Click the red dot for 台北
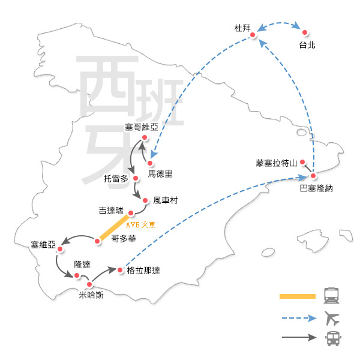click(305, 32)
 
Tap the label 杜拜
click(242, 28)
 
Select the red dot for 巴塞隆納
click(313, 176)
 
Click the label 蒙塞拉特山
click(277, 163)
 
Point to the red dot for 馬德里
click(150, 163)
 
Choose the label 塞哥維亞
click(142, 127)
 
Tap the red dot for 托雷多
click(136, 178)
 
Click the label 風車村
click(166, 200)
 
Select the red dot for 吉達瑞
click(131, 213)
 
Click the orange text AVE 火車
click(140, 225)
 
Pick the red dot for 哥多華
click(97, 241)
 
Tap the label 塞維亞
click(43, 245)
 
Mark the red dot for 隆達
click(77, 275)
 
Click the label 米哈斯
click(91, 295)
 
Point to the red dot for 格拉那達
click(120, 270)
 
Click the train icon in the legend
click(331, 295)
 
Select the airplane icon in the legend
click(332, 318)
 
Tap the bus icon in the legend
click(333, 338)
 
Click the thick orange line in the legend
click(298, 296)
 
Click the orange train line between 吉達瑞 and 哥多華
click(114, 227)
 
